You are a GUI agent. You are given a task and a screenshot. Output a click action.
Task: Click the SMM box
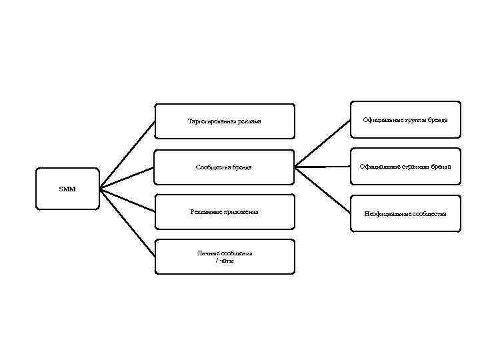[x=67, y=189]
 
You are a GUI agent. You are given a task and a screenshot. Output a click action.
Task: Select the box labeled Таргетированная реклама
[x=224, y=121]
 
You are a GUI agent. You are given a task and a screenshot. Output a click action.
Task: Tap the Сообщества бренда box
[x=224, y=167]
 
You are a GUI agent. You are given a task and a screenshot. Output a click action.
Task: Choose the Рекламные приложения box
[x=224, y=212]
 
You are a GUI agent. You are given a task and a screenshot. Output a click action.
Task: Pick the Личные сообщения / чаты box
[x=224, y=257]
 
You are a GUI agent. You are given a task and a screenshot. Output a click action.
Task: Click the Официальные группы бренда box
[x=405, y=119]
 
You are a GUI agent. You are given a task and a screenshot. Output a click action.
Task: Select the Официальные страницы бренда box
[x=405, y=166]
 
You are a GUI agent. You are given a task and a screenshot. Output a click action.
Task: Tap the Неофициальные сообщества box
[x=405, y=213]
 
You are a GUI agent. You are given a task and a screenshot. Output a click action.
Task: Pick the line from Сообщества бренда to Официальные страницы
[x=323, y=167]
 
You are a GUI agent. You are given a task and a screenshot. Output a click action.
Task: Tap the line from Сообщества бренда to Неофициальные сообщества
[x=323, y=190]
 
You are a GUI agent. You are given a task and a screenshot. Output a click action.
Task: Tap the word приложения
[x=239, y=212]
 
